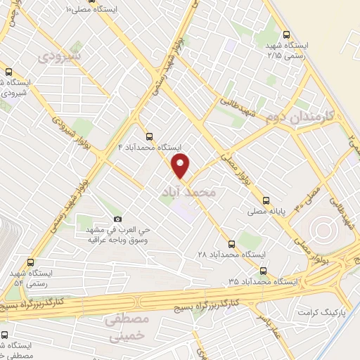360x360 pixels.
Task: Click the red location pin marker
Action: point(181,166)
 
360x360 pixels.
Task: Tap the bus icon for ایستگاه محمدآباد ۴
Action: point(148,136)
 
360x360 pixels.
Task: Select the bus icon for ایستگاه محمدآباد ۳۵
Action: point(263,271)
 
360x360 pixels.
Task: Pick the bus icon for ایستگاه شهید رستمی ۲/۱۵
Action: point(285,35)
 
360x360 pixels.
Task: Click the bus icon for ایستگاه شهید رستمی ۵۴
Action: point(29,262)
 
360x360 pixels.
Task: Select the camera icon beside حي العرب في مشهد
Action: point(117,219)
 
